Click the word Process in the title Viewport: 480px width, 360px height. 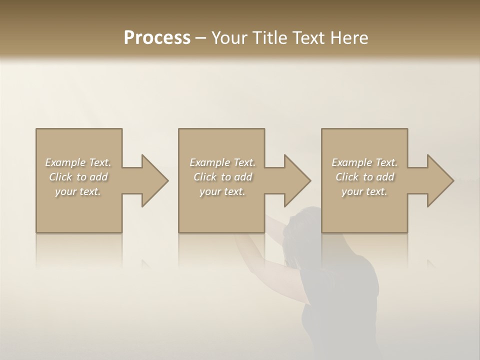157,38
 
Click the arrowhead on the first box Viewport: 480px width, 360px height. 153,180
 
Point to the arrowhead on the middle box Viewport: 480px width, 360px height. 295,180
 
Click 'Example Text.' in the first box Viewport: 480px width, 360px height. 78,162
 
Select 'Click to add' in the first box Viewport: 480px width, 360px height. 78,177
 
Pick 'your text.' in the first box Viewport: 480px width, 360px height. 78,191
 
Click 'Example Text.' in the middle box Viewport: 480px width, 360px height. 222,162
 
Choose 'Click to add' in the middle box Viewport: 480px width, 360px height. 222,177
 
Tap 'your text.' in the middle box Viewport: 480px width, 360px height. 222,191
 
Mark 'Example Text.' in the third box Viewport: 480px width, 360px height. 364,162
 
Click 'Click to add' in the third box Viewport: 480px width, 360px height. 365,177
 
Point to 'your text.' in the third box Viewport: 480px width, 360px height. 364,191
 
